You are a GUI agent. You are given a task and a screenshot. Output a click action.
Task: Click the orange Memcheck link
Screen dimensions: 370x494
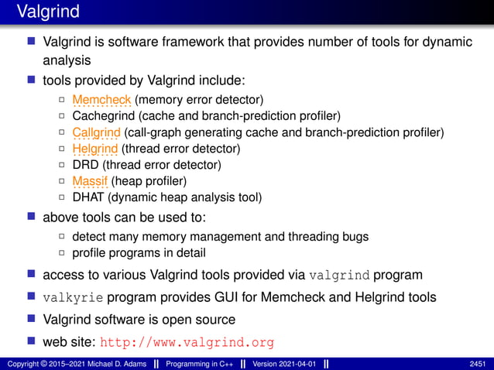click(x=101, y=99)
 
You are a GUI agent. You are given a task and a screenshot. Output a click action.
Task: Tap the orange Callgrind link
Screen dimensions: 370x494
click(x=96, y=132)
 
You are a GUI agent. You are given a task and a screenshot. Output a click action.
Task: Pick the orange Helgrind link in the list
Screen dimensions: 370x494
click(x=95, y=149)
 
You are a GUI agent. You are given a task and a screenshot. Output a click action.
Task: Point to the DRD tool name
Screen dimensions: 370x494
click(x=85, y=165)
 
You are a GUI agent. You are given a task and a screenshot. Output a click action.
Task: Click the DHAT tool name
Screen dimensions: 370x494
click(x=88, y=197)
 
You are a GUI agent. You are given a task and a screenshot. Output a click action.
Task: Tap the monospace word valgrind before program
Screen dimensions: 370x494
click(x=339, y=275)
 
